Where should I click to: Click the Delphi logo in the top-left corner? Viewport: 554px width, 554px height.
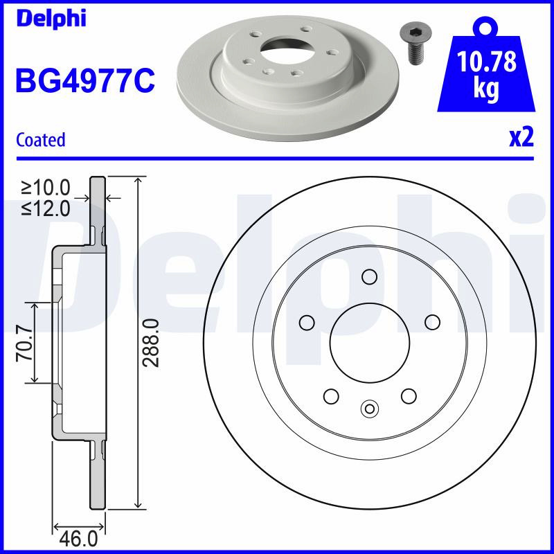[x=51, y=19]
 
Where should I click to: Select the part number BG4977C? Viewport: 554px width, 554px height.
[x=85, y=80]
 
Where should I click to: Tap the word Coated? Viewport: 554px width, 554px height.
[x=41, y=140]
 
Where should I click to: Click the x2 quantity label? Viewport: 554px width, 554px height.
[x=521, y=138]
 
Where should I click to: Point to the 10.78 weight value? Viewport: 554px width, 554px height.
[x=486, y=61]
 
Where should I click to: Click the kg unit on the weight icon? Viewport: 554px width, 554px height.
[x=486, y=89]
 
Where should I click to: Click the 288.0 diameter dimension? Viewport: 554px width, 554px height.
[x=152, y=343]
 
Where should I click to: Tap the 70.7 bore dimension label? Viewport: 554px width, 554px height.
[x=25, y=343]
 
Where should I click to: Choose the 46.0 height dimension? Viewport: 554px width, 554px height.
[x=78, y=539]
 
